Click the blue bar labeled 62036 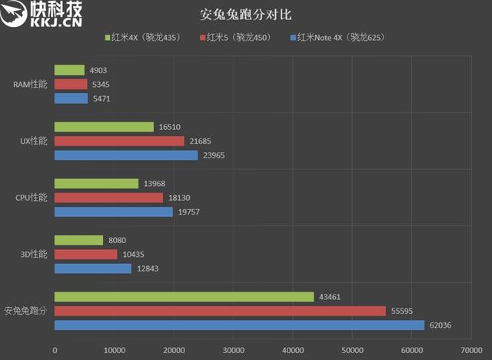click(x=239, y=325)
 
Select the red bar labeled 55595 click(x=220, y=311)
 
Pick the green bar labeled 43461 click(x=184, y=296)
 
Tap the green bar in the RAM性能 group click(x=69, y=70)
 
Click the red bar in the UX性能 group click(x=119, y=141)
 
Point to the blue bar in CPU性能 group click(x=113, y=212)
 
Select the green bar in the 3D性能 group click(x=78, y=240)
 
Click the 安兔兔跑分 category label click(x=26, y=311)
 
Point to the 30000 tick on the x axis click(x=233, y=350)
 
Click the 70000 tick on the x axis click(x=470, y=350)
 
